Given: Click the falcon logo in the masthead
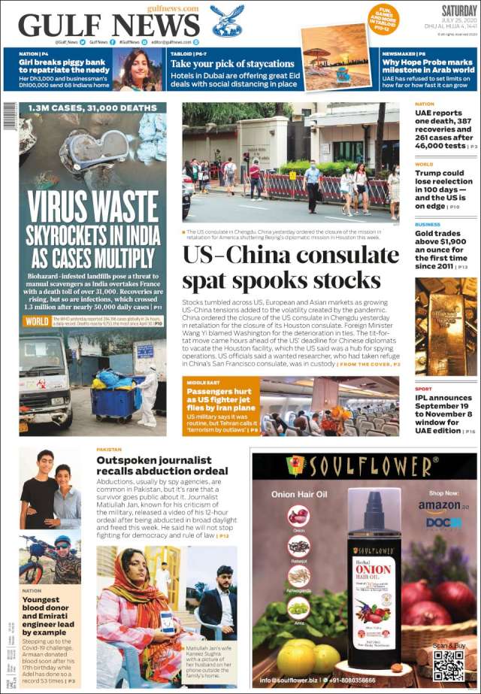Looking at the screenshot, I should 226,20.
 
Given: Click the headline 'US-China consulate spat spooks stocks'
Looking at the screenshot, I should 291,268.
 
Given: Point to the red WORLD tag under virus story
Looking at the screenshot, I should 36,321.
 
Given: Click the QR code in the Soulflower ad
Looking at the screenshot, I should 448,665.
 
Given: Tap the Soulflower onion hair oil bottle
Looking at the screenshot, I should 374,586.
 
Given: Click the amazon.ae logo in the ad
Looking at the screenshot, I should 443,506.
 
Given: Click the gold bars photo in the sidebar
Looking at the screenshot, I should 445,326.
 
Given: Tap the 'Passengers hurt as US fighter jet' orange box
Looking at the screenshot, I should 221,406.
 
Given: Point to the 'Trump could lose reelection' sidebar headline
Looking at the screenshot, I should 444,188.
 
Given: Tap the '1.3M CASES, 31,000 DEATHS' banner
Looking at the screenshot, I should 92,108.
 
